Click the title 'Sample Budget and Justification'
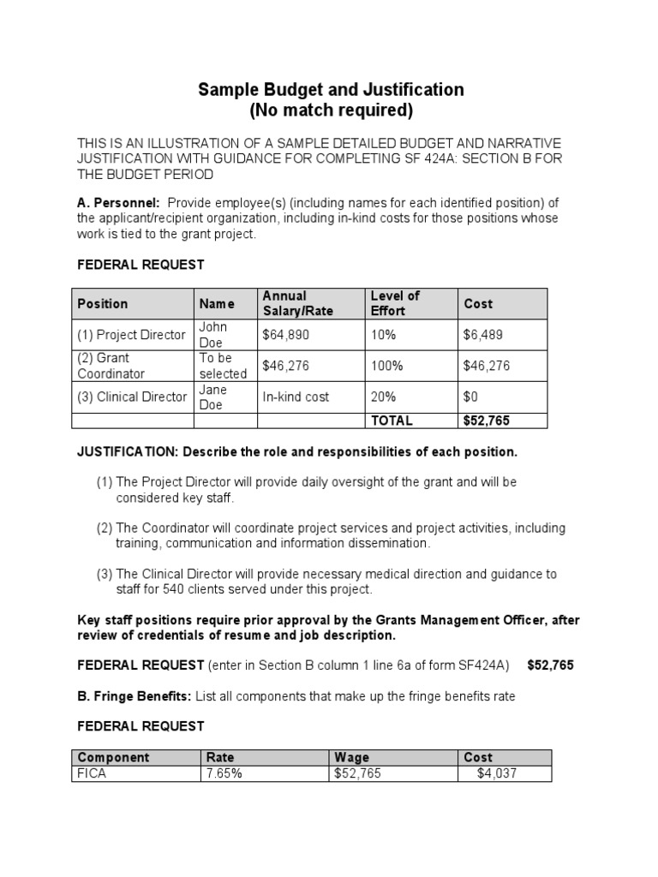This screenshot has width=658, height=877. coord(331,89)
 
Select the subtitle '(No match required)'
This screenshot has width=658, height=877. coord(331,110)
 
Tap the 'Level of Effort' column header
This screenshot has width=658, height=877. coord(395,303)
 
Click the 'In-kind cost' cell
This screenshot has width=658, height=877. coord(296,397)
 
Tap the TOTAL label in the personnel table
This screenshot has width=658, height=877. coord(391,421)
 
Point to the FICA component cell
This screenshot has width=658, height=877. coord(93,773)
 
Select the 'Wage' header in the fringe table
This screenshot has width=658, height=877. coord(352,757)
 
